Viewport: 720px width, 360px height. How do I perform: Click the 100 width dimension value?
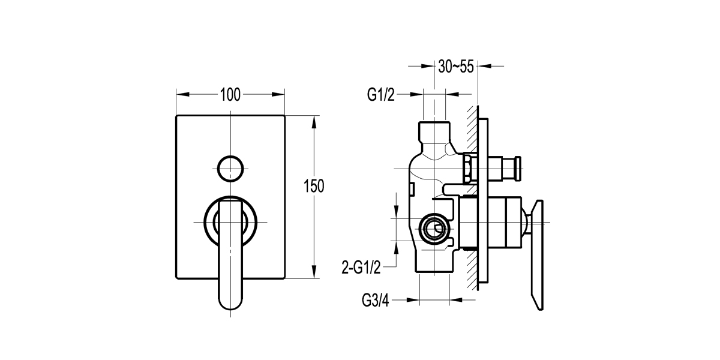point(230,94)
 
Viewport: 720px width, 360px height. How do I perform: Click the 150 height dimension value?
point(314,186)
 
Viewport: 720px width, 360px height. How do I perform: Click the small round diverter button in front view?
point(230,167)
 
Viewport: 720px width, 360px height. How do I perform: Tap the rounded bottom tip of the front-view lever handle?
point(231,304)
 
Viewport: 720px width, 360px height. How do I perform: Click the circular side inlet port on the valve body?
point(433,229)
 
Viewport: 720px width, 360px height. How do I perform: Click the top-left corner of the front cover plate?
point(177,116)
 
